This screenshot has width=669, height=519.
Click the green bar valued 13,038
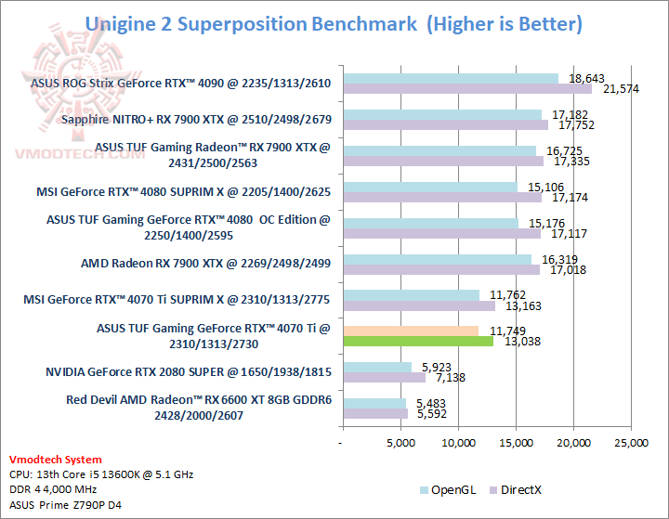(417, 342)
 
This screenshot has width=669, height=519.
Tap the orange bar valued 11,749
(410, 331)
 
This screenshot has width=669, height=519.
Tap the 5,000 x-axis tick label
(400, 444)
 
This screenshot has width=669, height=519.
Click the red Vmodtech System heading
(56, 460)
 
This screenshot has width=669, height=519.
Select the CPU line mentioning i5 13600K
(100, 474)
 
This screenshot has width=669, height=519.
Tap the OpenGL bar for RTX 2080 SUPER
(375, 367)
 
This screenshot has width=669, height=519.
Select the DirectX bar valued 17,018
(440, 269)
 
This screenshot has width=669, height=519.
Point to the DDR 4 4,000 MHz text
(53, 489)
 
